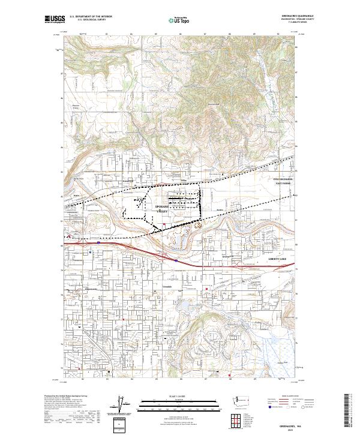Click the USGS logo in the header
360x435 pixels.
54,20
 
